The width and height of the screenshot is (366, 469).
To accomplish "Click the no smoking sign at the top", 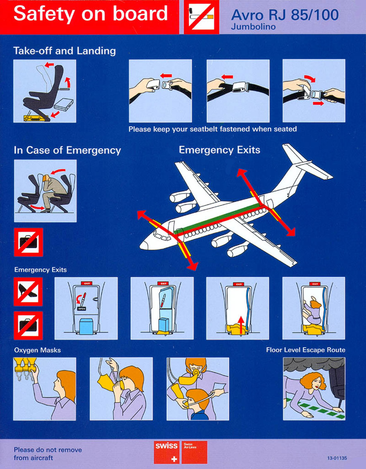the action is click(201, 17).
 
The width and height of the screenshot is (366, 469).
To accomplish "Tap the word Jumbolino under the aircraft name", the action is click(253, 26).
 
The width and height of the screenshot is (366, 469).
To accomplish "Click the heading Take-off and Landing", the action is click(65, 50).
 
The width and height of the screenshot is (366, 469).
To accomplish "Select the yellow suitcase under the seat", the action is click(36, 117).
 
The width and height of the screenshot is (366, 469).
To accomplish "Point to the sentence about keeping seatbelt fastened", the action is click(213, 129).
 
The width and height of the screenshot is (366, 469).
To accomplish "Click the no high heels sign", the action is click(28, 292).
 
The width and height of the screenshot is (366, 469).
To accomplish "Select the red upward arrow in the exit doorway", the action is click(241, 325).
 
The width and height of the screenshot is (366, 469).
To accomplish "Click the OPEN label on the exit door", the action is click(81, 309).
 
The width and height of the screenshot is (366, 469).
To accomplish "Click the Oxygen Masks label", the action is click(37, 350).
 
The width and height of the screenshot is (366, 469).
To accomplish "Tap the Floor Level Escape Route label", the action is click(306, 350).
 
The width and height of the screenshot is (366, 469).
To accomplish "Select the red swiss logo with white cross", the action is click(167, 452).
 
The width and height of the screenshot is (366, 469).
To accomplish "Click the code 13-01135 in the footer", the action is click(337, 458).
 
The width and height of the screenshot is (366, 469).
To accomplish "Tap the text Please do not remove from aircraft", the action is click(48, 454).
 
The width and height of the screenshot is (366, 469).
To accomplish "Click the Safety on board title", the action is click(91, 14).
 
